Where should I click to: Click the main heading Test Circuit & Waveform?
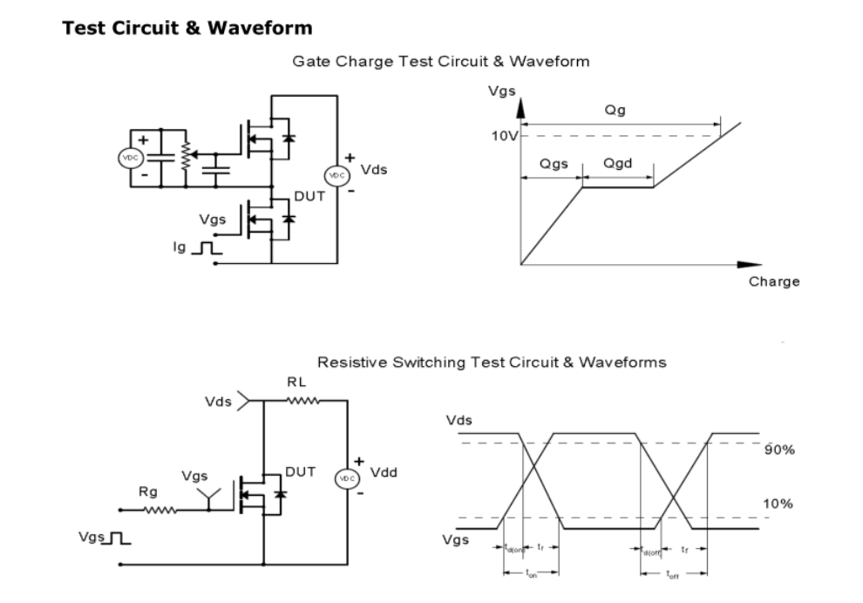tap(187, 28)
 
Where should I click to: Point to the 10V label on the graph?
tap(503, 136)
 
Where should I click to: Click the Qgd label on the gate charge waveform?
tap(617, 165)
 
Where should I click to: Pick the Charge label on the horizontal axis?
tap(773, 281)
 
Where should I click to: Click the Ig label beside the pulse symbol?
tap(180, 248)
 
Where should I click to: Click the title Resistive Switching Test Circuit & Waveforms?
tap(491, 362)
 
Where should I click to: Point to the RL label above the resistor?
tap(296, 382)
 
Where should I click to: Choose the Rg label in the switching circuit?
tap(148, 492)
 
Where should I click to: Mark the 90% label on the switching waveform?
tap(778, 451)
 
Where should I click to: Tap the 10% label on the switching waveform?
tap(778, 504)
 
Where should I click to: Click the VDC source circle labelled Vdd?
tap(347, 479)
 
